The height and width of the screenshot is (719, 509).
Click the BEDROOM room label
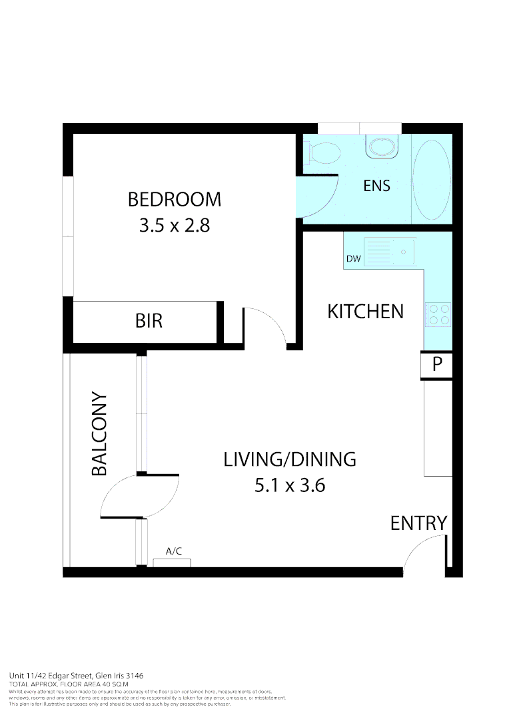174,199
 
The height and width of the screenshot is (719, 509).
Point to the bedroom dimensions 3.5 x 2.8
174,226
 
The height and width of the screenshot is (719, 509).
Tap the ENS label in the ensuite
376,186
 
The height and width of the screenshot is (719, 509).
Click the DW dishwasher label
353,259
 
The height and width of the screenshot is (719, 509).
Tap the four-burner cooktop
438,314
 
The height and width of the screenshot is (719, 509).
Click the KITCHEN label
365,311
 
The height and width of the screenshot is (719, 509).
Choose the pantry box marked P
437,364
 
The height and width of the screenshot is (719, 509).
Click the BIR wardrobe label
149,321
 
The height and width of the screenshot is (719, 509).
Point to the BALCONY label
99,434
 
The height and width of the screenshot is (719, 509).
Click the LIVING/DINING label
289,459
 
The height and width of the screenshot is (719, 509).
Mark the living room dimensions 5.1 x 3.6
289,485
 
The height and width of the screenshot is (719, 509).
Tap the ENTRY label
418,523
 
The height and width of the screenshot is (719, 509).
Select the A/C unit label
173,551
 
